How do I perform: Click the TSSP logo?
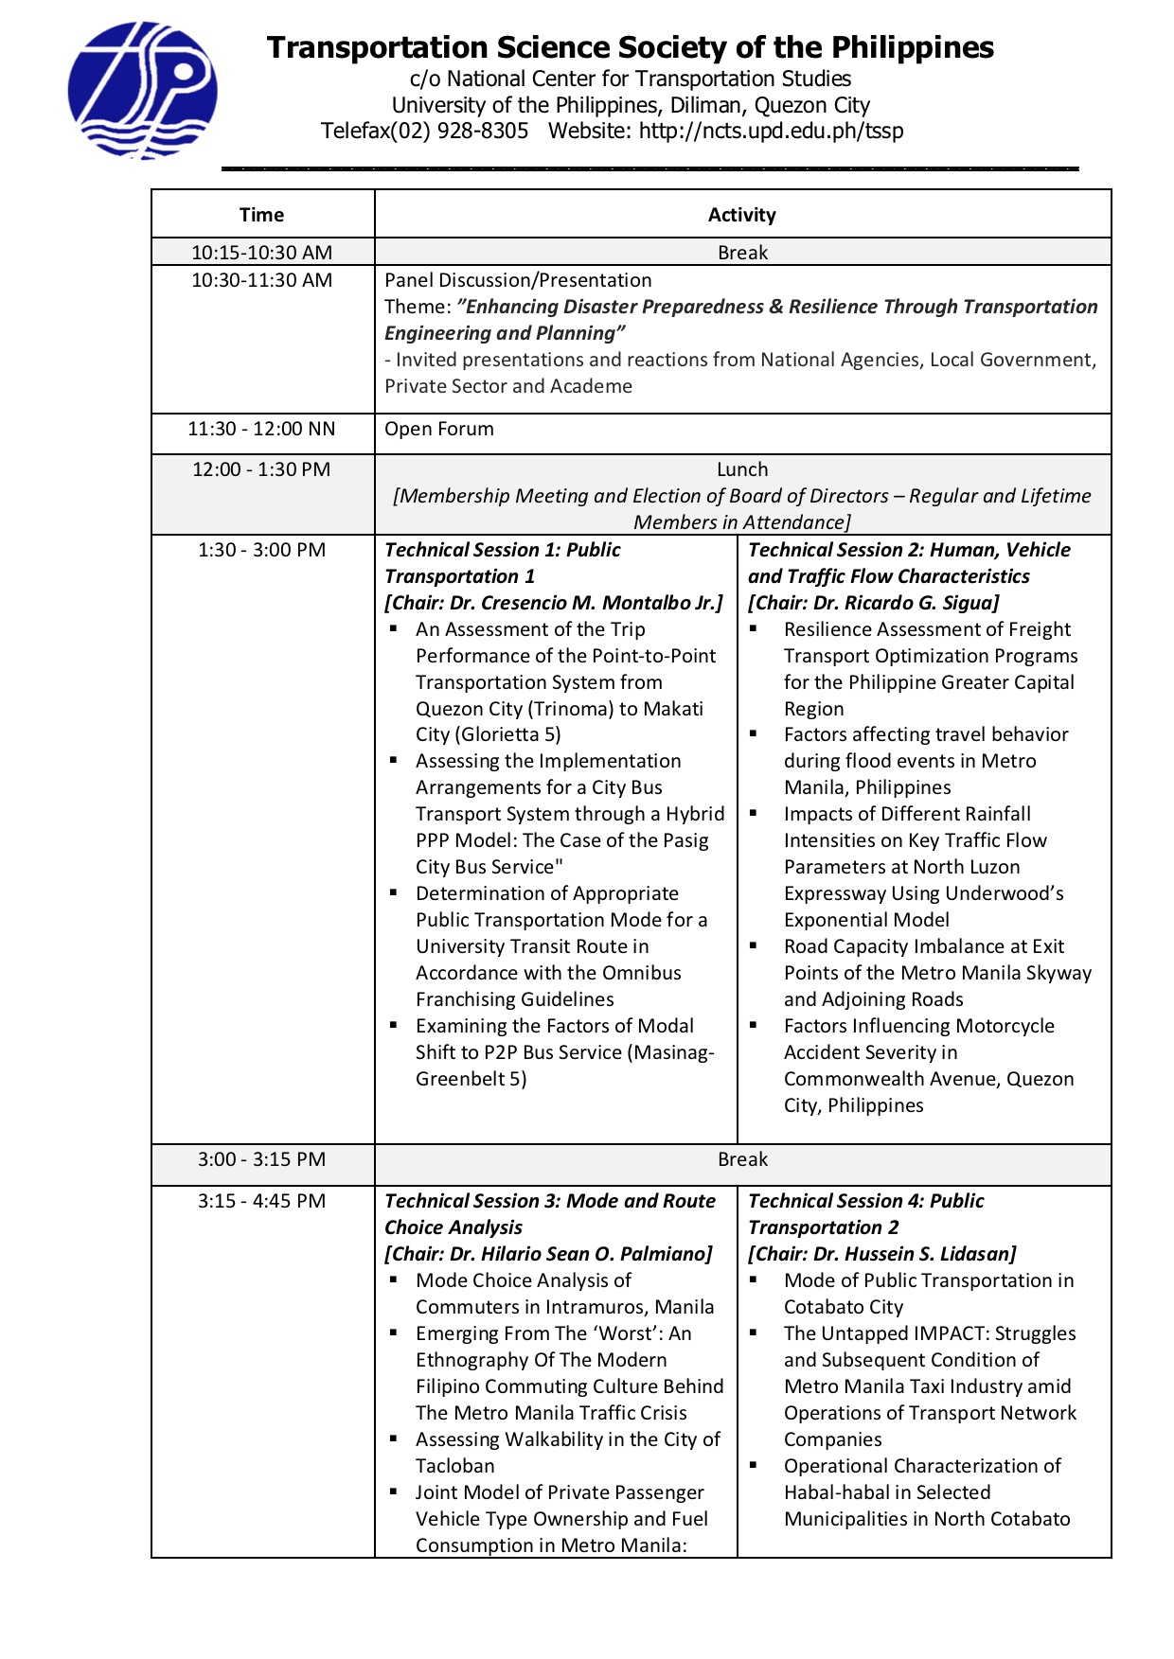(x=142, y=91)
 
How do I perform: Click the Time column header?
(x=261, y=215)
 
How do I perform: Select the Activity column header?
(x=741, y=215)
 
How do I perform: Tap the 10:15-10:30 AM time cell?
(x=261, y=253)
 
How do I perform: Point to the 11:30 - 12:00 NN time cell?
(x=261, y=429)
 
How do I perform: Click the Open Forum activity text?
(x=438, y=429)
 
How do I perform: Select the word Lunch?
(x=742, y=469)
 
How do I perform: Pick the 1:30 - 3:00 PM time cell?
(x=261, y=550)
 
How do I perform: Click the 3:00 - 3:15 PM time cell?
(x=261, y=1159)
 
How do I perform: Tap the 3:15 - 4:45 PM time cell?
(x=261, y=1201)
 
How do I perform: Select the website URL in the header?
(x=771, y=131)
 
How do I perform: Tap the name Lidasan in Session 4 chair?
(x=976, y=1254)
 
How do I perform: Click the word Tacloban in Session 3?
(x=454, y=1466)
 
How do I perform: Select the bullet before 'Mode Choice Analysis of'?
(x=393, y=1280)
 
